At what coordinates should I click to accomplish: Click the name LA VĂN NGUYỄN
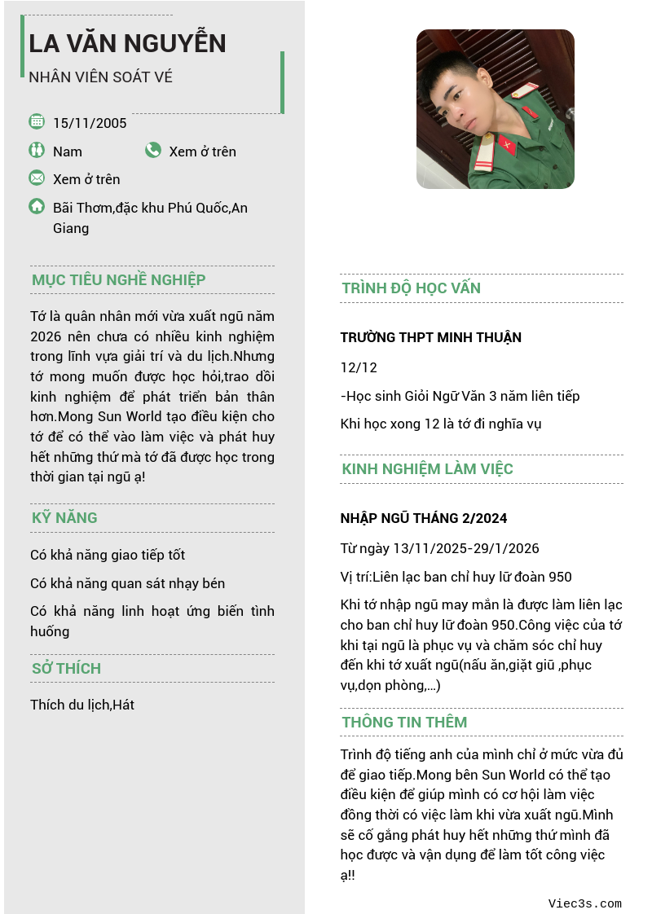(x=127, y=43)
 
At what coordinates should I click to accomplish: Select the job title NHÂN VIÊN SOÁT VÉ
(x=100, y=77)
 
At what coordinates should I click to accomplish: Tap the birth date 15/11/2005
(x=90, y=123)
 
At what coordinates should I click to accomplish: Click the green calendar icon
(x=37, y=121)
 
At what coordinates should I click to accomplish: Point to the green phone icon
(x=153, y=150)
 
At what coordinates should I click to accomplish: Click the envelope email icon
(x=37, y=178)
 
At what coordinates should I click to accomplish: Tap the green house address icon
(x=37, y=206)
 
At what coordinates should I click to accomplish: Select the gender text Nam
(x=68, y=152)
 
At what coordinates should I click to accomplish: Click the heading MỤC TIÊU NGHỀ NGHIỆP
(x=118, y=280)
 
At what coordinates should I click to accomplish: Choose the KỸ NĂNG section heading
(x=64, y=518)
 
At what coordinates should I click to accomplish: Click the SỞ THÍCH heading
(x=66, y=669)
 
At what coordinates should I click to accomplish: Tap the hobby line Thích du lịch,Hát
(x=82, y=705)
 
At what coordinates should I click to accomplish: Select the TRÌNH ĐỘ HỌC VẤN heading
(x=411, y=288)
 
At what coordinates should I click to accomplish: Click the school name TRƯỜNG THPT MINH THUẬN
(x=430, y=337)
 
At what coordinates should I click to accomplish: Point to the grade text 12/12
(x=359, y=367)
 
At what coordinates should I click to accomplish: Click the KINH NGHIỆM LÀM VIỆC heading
(x=427, y=469)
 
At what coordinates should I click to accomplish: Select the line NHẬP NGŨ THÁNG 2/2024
(x=424, y=518)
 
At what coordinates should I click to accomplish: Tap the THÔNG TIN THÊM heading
(x=404, y=723)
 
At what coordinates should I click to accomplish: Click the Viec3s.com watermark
(x=584, y=903)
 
